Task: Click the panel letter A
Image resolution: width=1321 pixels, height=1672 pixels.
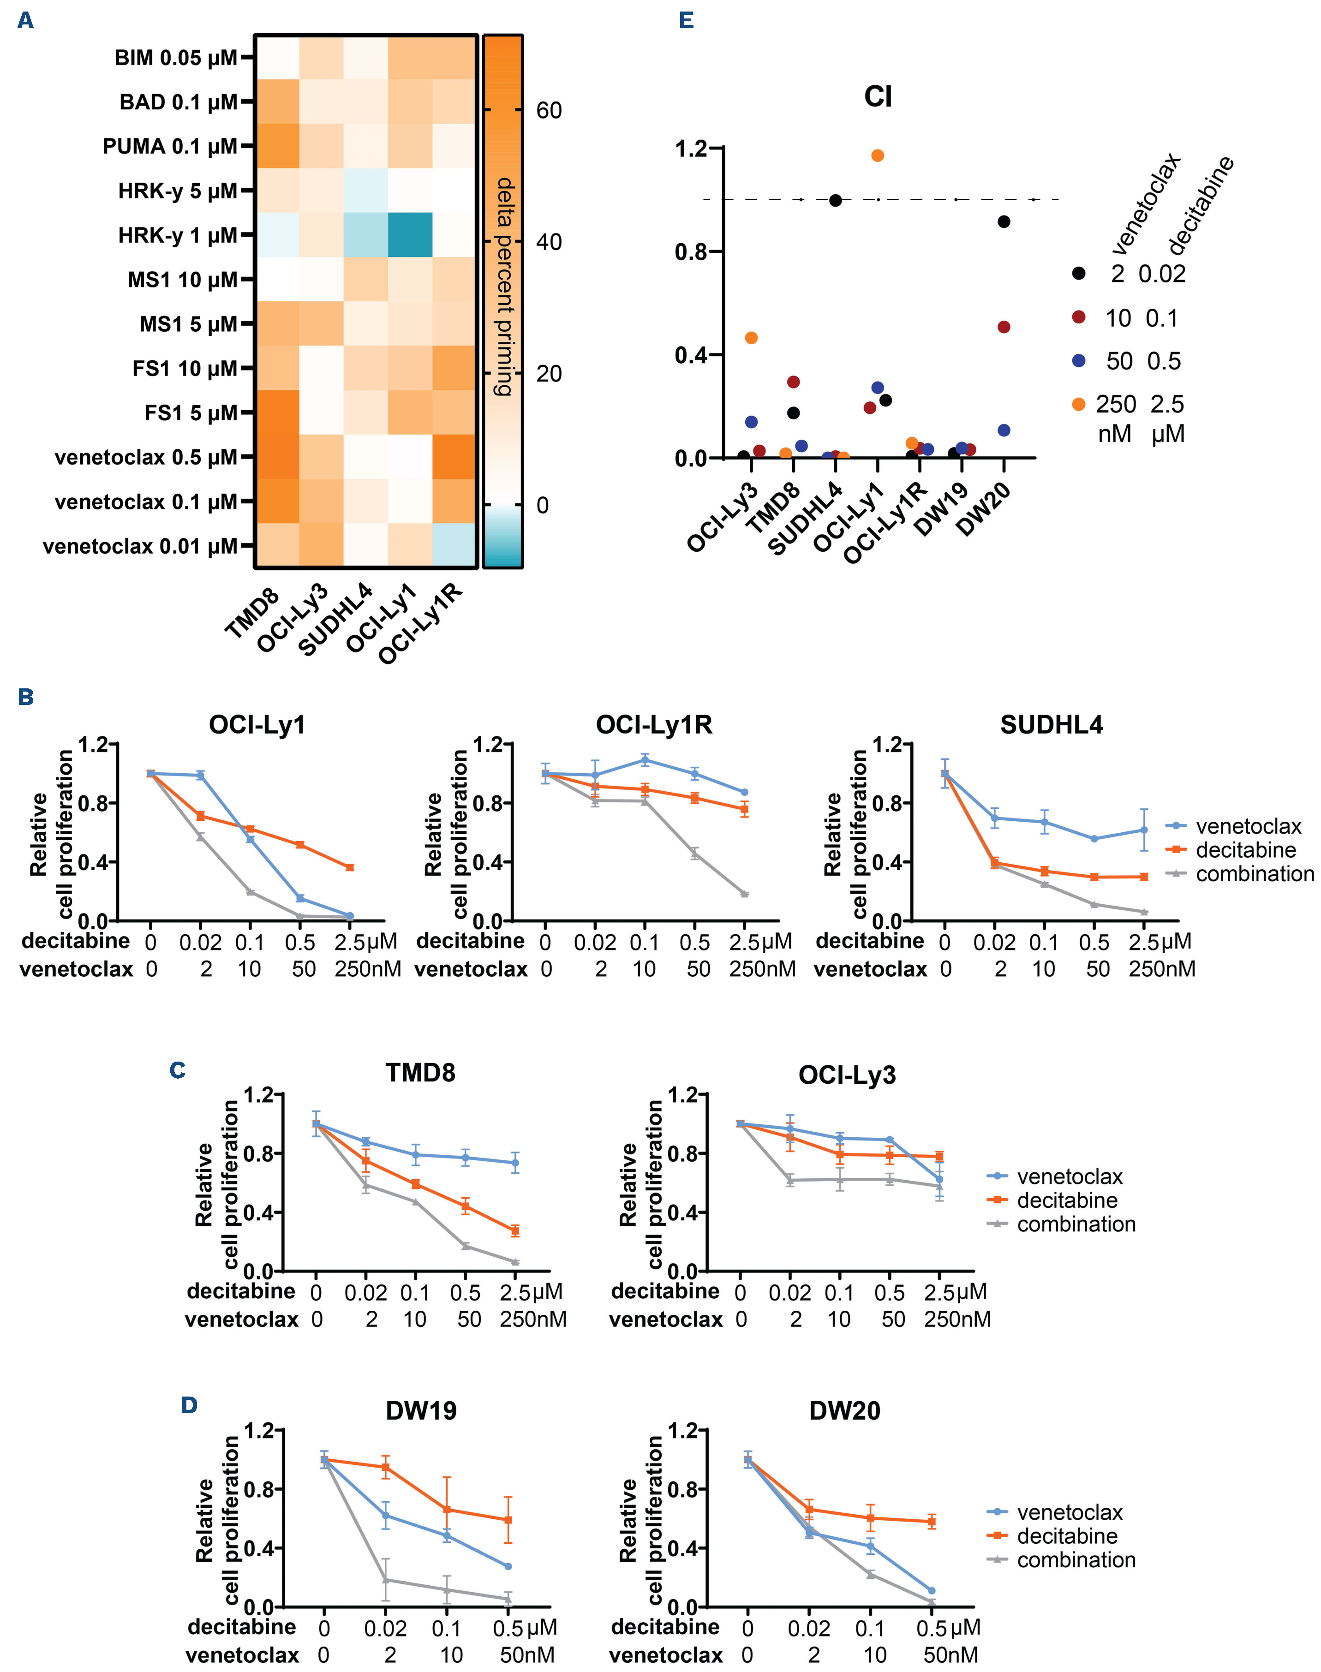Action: click(x=25, y=21)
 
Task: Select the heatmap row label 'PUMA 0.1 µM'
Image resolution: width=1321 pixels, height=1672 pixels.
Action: click(x=169, y=146)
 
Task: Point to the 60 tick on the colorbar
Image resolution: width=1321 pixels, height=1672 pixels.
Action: click(x=548, y=111)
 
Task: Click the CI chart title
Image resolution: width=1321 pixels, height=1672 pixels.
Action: click(x=878, y=97)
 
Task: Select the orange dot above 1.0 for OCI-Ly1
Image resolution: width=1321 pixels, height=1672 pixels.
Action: click(x=877, y=155)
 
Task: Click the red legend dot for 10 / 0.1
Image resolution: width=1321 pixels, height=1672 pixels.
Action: click(x=1079, y=317)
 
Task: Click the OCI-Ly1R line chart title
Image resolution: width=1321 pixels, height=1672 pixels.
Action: click(x=653, y=725)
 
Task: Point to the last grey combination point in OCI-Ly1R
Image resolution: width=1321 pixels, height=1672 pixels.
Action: click(x=744, y=894)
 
